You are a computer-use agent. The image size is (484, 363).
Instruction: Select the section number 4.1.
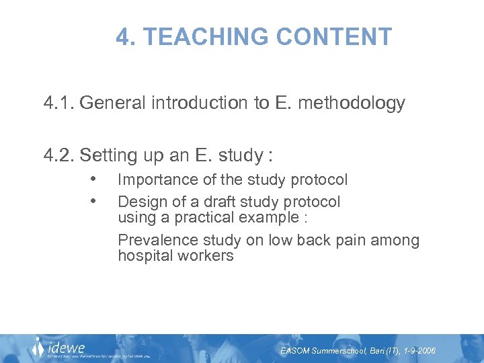59,103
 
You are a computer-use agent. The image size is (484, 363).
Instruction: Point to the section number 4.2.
59,155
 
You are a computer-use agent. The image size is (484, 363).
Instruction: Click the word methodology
356,104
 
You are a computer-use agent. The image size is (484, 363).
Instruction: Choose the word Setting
108,155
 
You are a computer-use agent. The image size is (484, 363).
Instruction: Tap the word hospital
143,256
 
